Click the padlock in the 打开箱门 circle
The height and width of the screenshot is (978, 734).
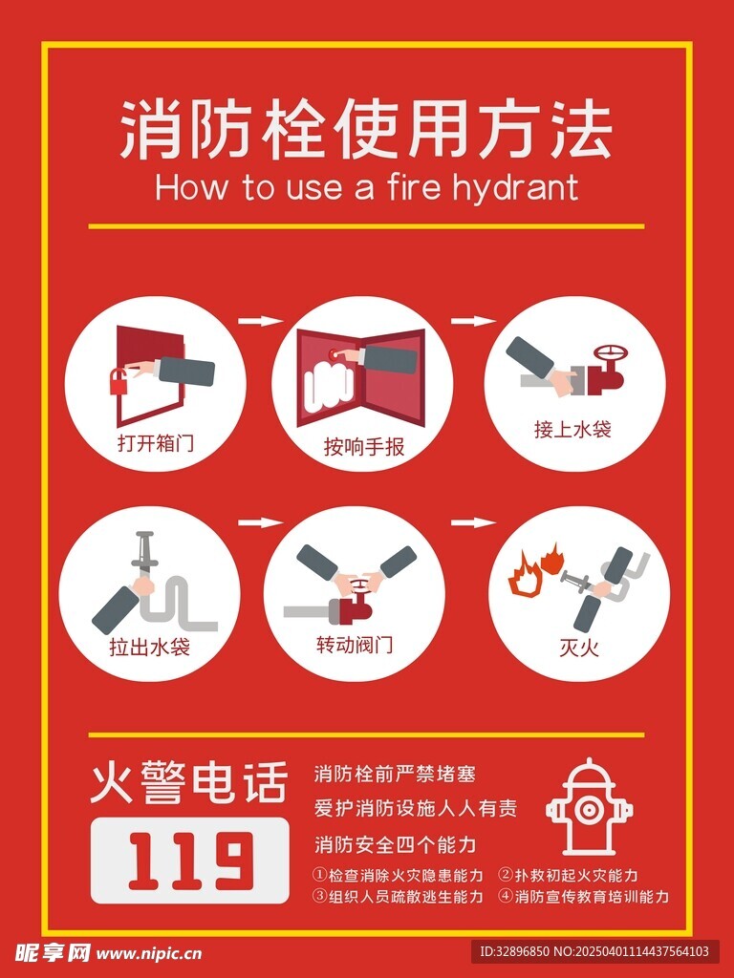point(119,381)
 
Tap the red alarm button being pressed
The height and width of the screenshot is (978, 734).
point(332,353)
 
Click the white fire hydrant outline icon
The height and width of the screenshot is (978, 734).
point(589,806)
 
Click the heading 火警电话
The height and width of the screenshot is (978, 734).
point(189,782)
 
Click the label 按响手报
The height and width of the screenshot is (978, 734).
point(364,447)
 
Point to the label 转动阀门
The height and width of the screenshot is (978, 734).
point(355,645)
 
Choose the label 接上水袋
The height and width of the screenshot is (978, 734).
point(572,429)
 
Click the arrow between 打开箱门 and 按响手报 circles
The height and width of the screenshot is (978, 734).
point(260,321)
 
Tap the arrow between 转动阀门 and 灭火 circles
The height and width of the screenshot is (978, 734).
point(474,522)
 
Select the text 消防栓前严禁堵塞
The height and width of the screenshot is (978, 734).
point(395,774)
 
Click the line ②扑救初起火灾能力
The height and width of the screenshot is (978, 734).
point(568,875)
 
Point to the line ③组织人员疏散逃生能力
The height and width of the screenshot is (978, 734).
point(399,896)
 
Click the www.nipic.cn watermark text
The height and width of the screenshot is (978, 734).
point(149,953)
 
